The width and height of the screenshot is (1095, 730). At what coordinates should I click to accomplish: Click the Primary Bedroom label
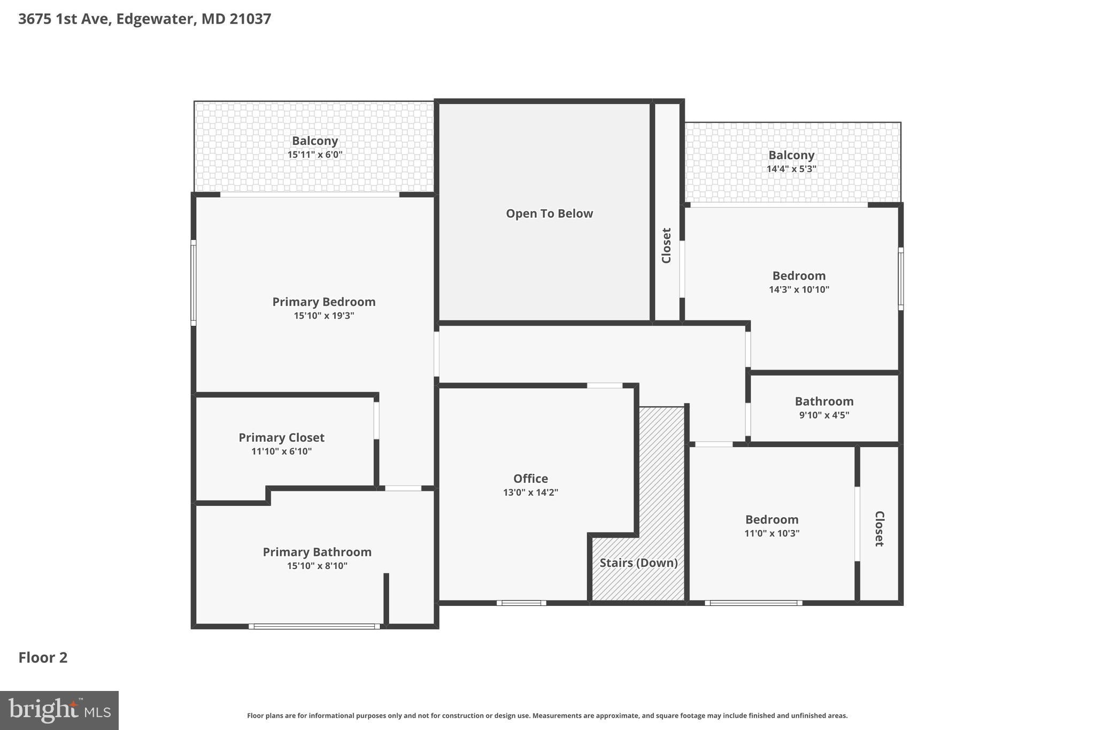[x=323, y=302]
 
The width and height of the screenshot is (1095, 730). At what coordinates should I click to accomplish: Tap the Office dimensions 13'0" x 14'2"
[x=530, y=493]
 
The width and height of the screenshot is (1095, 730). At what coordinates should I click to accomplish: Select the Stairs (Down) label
[x=638, y=563]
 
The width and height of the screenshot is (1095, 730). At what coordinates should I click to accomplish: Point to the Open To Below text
[x=549, y=213]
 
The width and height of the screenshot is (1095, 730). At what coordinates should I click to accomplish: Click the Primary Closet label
[x=281, y=437]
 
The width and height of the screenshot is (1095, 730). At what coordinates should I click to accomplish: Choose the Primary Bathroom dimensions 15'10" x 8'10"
[x=317, y=566]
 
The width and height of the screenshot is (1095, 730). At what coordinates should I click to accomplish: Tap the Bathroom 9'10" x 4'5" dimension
[x=824, y=415]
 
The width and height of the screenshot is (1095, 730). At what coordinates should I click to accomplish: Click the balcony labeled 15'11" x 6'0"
[x=314, y=147]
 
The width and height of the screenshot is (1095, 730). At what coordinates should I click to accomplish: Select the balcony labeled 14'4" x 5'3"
[x=791, y=162]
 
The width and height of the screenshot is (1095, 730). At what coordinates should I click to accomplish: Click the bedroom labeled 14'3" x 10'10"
[x=799, y=282]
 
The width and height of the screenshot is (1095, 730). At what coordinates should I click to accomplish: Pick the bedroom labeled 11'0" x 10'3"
[x=772, y=526]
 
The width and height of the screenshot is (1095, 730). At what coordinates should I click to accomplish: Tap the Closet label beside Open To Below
[x=666, y=245]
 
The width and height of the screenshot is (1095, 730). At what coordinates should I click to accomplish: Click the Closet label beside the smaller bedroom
[x=879, y=528]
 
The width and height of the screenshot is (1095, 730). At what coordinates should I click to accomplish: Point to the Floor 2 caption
[x=43, y=657]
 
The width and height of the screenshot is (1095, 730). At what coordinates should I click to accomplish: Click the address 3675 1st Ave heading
[x=144, y=19]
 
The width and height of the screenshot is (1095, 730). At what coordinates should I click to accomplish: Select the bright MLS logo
[x=59, y=710]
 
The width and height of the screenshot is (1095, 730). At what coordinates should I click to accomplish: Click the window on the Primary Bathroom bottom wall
[x=314, y=626]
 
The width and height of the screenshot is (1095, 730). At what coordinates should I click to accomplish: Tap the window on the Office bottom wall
[x=521, y=603]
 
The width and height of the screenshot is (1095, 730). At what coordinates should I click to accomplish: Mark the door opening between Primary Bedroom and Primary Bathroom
[x=403, y=488]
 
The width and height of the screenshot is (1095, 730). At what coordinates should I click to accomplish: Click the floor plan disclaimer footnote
[x=547, y=716]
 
